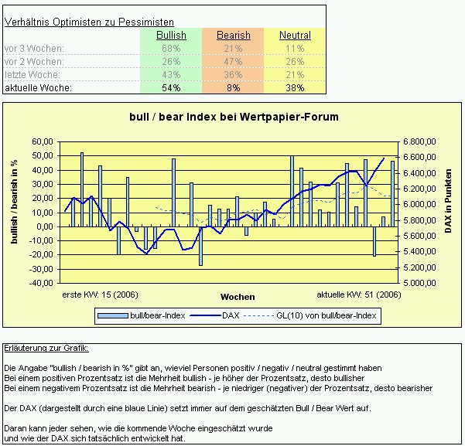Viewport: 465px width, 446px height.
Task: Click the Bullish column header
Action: pyautogui.click(x=171, y=36)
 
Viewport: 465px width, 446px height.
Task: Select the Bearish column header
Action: pyautogui.click(x=233, y=36)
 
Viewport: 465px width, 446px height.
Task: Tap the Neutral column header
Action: pyautogui.click(x=295, y=36)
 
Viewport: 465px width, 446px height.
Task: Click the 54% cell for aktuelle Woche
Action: pyautogui.click(x=171, y=88)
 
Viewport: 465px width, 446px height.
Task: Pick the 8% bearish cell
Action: pyautogui.click(x=233, y=88)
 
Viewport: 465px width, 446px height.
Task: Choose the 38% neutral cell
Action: pyautogui.click(x=295, y=88)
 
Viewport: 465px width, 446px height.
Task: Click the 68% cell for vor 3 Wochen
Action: pyautogui.click(x=171, y=49)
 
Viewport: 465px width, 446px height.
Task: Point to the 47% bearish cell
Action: pyautogui.click(x=233, y=62)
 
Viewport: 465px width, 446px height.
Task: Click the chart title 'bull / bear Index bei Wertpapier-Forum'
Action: pyautogui.click(x=233, y=117)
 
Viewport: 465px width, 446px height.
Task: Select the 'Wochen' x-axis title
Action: pyautogui.click(x=237, y=297)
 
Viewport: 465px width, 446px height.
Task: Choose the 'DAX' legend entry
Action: pyautogui.click(x=230, y=315)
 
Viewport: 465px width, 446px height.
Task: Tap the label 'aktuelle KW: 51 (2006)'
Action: pyautogui.click(x=359, y=294)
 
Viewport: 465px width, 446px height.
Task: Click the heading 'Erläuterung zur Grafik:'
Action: pyautogui.click(x=46, y=349)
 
